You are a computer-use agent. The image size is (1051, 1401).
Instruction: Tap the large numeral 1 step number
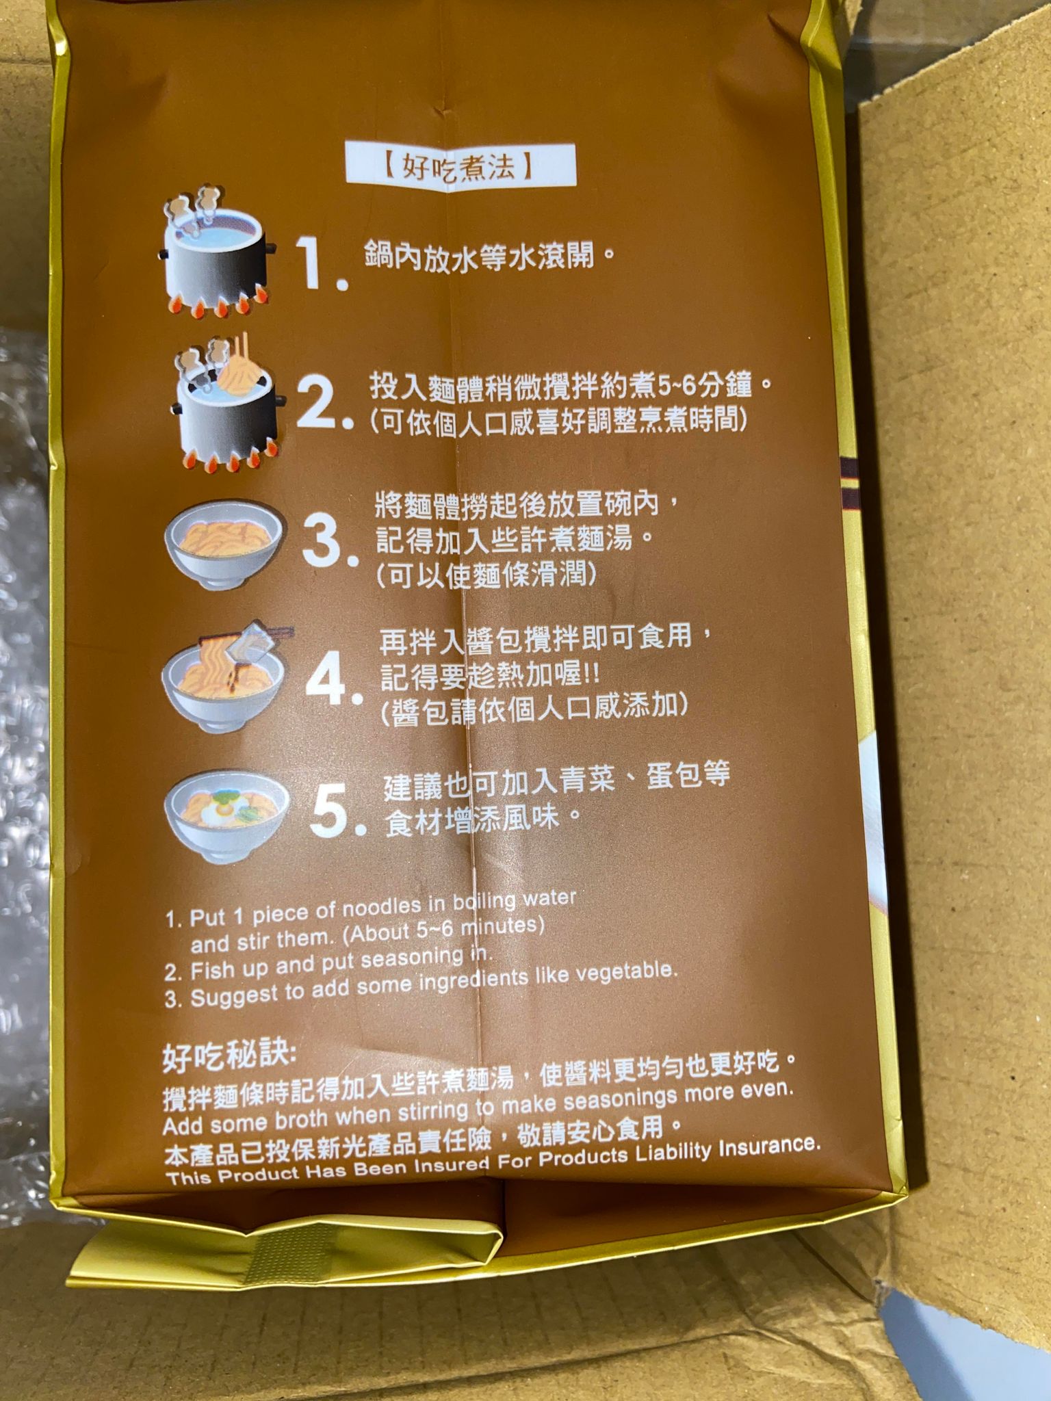coord(320,263)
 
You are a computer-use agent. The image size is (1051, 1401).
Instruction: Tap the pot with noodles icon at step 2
coord(226,404)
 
